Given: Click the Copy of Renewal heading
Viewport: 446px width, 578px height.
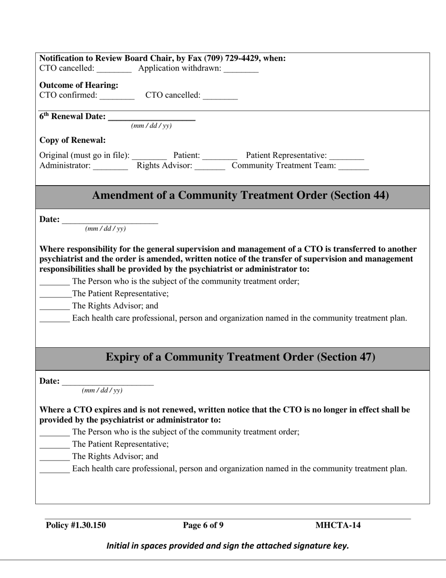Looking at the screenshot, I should [72, 140].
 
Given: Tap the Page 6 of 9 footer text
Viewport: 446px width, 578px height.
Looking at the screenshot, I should [203, 525].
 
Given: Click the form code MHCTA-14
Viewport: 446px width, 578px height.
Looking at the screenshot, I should [338, 525].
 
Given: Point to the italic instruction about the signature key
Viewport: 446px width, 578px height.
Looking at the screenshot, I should [228, 546].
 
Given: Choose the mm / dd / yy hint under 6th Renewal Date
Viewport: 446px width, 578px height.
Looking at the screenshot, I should [151, 126].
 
